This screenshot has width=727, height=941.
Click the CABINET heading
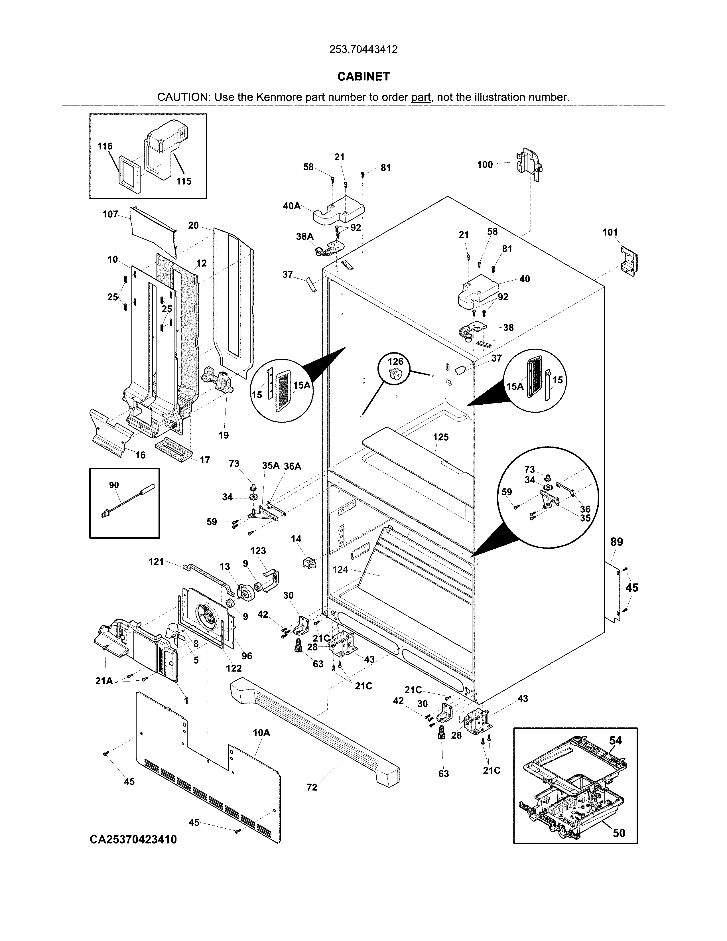click(363, 77)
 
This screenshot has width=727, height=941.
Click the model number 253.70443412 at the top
click(363, 50)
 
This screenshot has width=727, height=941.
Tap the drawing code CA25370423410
click(133, 839)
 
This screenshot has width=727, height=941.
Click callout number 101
click(610, 233)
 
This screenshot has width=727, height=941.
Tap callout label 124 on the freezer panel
click(340, 570)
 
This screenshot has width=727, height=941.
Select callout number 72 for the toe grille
click(312, 787)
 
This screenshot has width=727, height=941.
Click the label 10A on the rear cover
click(261, 733)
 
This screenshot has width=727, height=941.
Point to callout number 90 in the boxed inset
click(114, 485)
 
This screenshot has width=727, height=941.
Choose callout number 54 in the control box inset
click(616, 740)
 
